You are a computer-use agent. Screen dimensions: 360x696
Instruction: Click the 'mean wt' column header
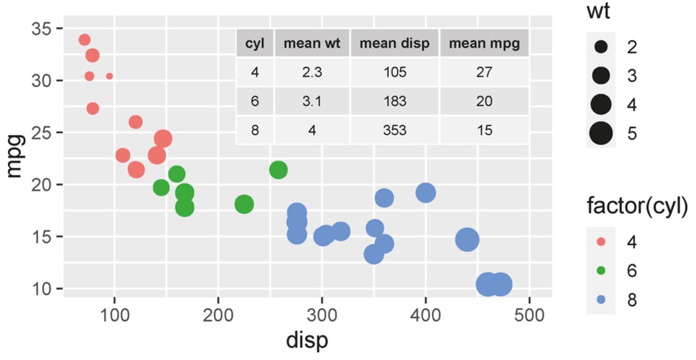(x=312, y=44)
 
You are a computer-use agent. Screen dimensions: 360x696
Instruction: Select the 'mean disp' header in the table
(x=395, y=44)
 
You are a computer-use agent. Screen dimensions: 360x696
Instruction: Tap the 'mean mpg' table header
(x=484, y=44)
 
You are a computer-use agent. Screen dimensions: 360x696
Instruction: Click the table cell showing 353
(x=395, y=131)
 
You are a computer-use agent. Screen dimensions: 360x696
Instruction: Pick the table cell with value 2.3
(x=312, y=72)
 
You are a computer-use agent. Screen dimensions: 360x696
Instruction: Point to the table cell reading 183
(x=395, y=101)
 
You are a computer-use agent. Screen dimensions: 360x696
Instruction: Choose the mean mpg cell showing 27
(x=484, y=72)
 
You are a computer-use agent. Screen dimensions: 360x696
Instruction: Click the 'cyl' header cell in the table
(x=255, y=44)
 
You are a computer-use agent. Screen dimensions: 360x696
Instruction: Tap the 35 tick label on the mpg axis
(x=43, y=29)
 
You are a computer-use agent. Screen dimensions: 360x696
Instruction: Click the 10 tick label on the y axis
(x=43, y=289)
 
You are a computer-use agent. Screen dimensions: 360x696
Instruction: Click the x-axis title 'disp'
(x=307, y=341)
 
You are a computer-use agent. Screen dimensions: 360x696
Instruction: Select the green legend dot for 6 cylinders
(x=601, y=271)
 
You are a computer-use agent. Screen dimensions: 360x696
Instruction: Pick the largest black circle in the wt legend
(x=601, y=133)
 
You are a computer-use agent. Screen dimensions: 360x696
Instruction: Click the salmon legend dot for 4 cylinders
(x=601, y=242)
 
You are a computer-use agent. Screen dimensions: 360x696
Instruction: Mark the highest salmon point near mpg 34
(x=84, y=40)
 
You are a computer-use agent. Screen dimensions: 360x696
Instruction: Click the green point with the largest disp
(x=278, y=169)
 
